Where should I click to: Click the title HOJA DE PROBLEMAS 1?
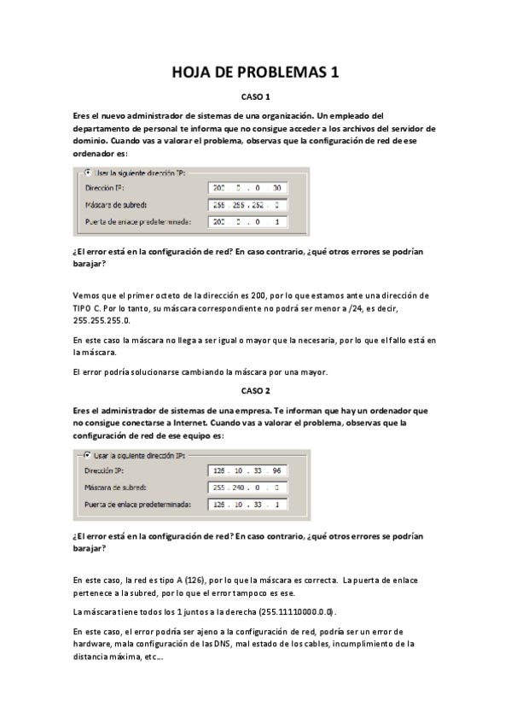pos(255,73)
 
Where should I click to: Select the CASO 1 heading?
pos(255,97)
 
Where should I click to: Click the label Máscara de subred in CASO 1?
pos(117,204)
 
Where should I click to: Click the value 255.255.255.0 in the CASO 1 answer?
pos(103,320)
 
